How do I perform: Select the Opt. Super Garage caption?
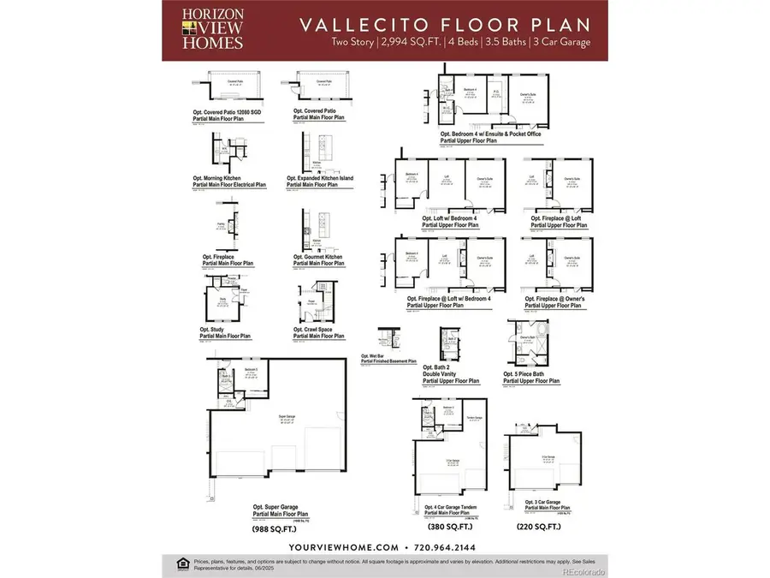[278, 511]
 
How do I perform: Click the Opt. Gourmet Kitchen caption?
[318, 259]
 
